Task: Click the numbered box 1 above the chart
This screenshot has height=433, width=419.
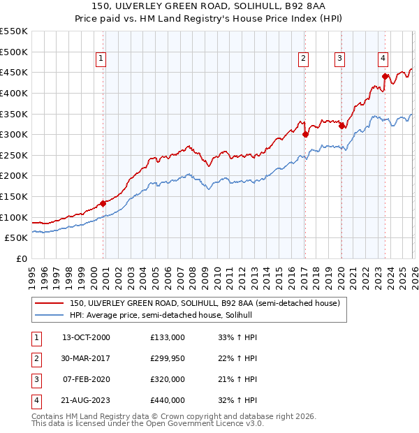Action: point(102,59)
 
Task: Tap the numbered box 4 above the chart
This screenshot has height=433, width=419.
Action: point(384,59)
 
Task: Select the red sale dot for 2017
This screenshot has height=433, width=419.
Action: point(305,135)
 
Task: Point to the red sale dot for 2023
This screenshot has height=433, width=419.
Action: point(385,77)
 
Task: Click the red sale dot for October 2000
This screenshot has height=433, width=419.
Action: point(103,204)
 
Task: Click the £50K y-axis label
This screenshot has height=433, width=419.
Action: point(17,238)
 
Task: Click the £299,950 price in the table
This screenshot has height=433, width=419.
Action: point(168,358)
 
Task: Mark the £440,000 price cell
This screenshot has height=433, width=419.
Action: point(168,400)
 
